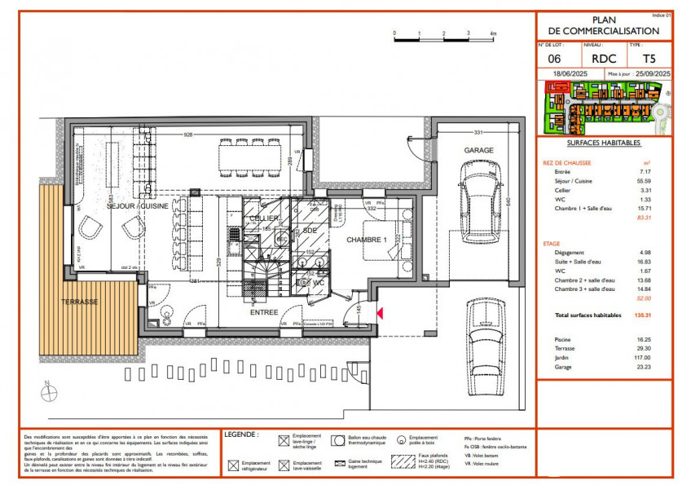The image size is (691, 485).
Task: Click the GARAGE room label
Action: pos(479,152)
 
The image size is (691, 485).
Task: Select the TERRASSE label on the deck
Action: pos(79,302)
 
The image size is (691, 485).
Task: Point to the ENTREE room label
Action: pos(264,311)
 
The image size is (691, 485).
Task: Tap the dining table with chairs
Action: pos(250,157)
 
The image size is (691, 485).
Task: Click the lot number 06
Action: pos(554,59)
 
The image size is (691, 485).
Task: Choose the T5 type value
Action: pos(649,59)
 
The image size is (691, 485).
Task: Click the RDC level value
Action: pos(603,59)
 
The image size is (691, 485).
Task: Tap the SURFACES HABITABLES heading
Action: pos(604,143)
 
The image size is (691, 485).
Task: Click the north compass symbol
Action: pos(51,392)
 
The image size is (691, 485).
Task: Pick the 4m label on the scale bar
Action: pos(493,33)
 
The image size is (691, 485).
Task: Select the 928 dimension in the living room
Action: pos(187,134)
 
